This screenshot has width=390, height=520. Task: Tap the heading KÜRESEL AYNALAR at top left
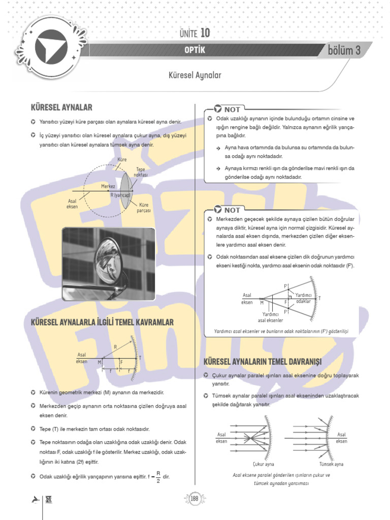[61, 108]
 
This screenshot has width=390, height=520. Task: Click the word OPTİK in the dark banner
[195, 50]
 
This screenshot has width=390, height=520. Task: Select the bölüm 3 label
[344, 50]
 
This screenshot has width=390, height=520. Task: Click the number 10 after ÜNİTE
[205, 33]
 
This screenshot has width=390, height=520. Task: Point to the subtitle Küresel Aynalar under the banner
[195, 75]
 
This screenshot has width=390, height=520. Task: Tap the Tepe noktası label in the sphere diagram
[141, 172]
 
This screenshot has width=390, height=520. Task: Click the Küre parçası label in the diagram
[144, 208]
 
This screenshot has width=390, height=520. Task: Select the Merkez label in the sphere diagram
[108, 186]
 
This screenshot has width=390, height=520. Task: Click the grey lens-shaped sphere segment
[125, 190]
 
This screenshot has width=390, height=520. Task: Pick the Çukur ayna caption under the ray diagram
[263, 464]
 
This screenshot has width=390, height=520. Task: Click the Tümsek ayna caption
[331, 464]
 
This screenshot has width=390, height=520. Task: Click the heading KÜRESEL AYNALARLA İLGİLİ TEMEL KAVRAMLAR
[103, 322]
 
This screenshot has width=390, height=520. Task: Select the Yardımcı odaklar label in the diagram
[303, 299]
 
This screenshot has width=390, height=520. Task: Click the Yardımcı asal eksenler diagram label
[271, 317]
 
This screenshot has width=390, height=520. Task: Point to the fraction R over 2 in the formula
[158, 476]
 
